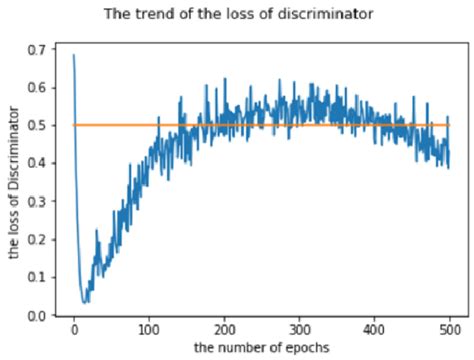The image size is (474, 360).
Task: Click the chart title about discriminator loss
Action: [237, 15]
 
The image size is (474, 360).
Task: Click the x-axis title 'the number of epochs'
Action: [262, 347]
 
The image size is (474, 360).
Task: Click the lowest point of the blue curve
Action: [85, 301]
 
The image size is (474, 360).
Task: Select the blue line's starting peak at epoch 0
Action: [74, 56]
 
